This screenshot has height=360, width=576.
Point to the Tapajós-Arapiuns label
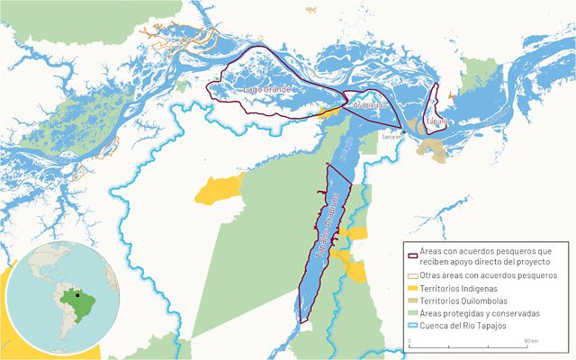(327, 225)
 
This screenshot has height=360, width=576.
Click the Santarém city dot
(404, 131)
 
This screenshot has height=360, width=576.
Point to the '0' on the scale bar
(410, 342)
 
